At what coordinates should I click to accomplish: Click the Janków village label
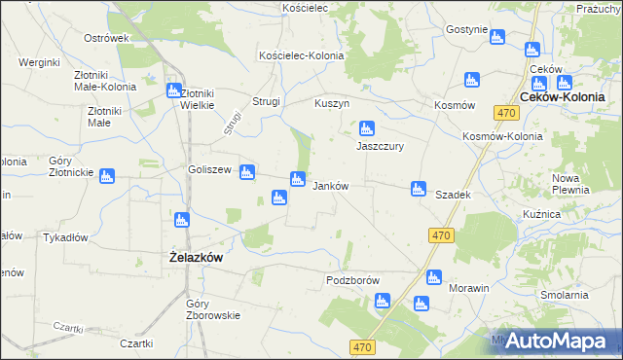329,185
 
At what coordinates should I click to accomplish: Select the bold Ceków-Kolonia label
563,97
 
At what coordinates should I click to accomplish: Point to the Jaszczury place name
380,146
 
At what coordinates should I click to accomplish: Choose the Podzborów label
351,280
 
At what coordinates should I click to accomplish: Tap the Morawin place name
467,289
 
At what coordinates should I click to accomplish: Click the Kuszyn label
332,103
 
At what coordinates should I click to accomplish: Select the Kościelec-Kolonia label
301,55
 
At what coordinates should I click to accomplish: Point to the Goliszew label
209,169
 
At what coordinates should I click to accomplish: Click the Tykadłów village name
66,237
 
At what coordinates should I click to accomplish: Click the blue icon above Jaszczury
367,127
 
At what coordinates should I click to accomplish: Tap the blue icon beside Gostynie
497,38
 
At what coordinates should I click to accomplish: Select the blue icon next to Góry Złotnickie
107,176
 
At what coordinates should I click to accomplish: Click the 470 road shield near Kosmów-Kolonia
504,114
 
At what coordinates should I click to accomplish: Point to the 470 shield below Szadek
441,235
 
